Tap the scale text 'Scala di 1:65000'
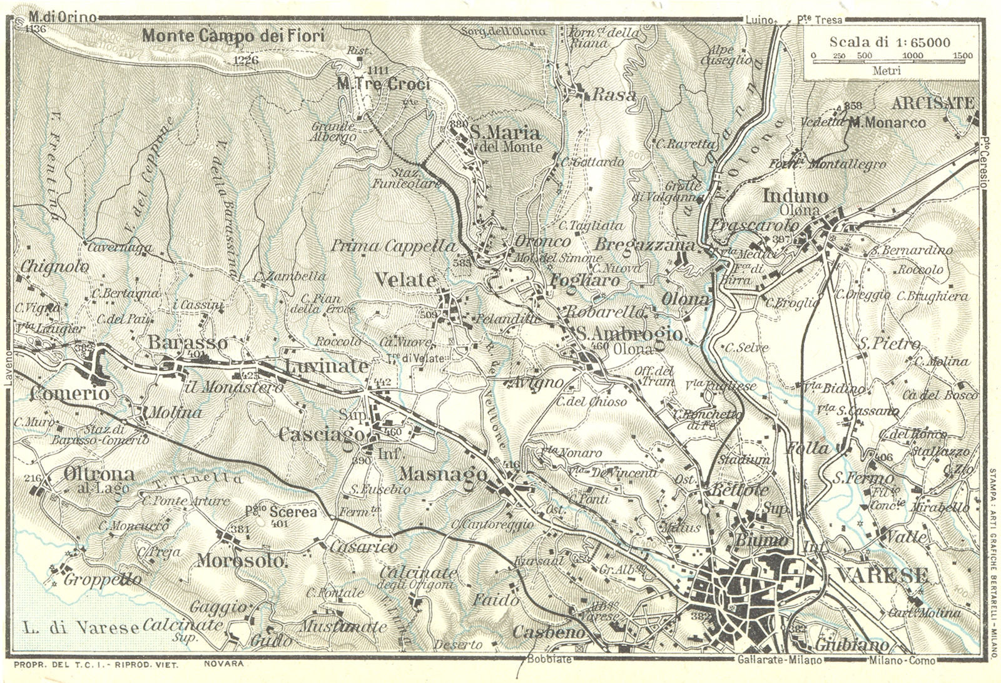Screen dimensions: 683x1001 point(890,42)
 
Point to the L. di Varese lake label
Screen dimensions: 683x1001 point(78,627)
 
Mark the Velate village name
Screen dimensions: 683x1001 point(405,281)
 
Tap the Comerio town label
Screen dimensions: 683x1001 point(69,394)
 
